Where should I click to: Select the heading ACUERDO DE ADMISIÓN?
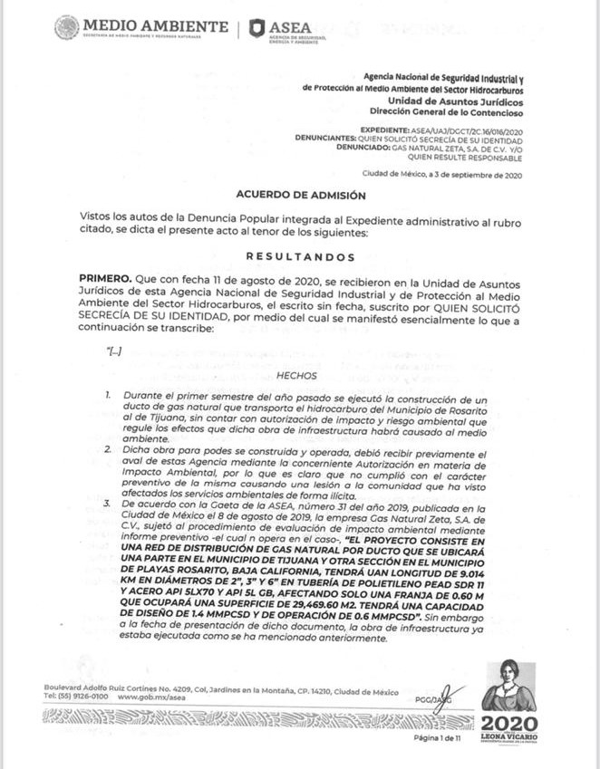[300, 194]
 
